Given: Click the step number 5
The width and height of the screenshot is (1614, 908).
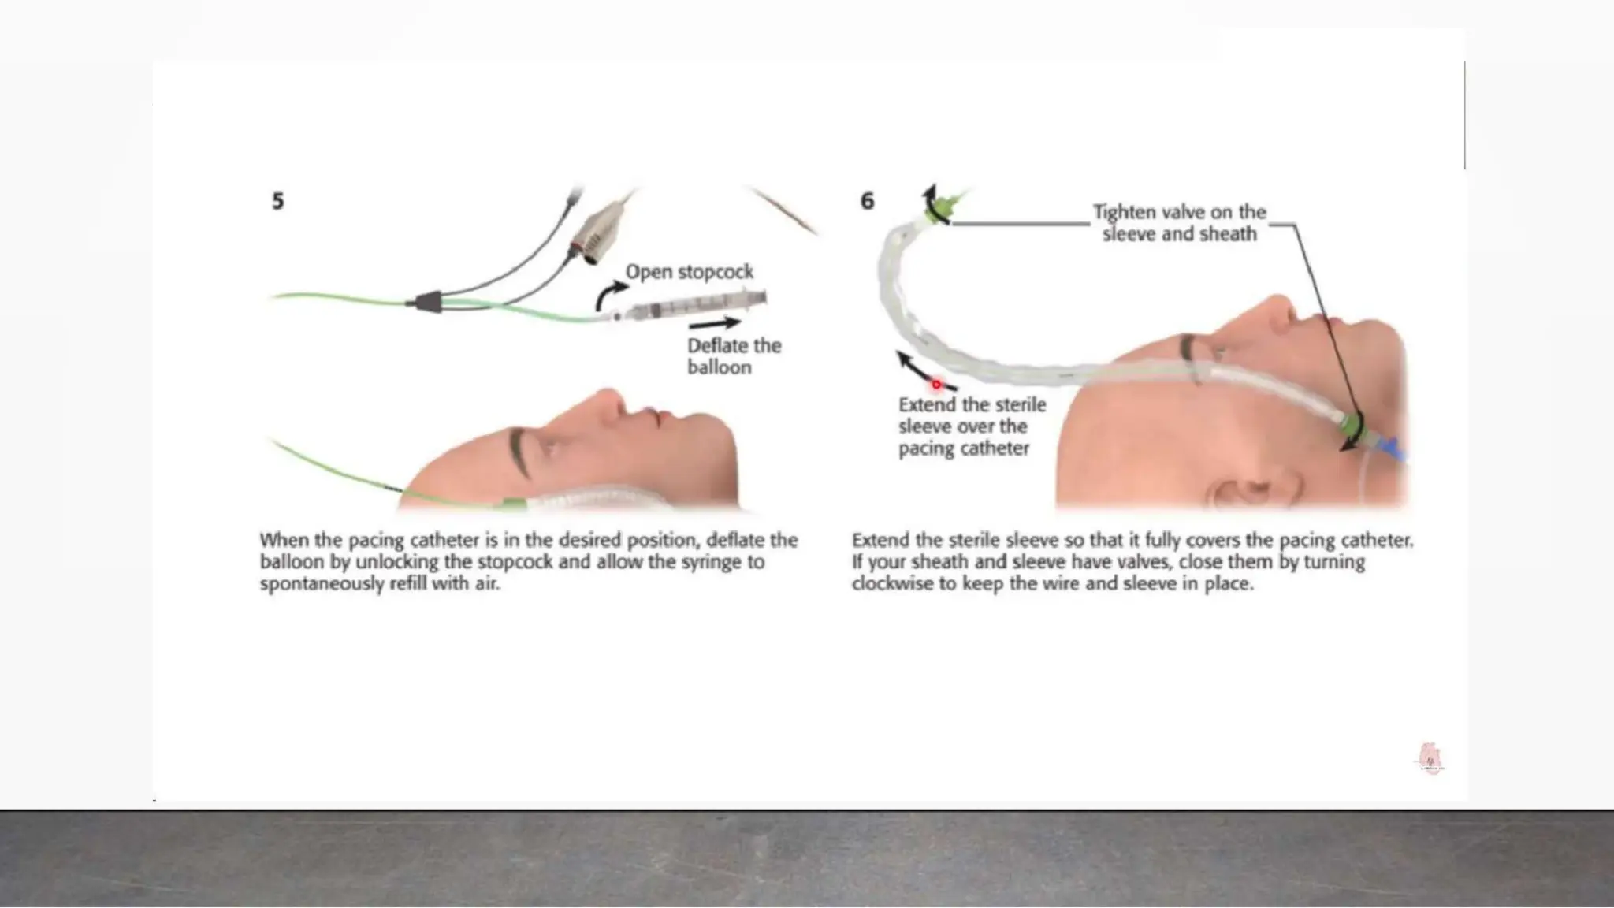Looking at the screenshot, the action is [277, 201].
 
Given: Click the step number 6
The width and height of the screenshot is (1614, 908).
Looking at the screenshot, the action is [867, 201].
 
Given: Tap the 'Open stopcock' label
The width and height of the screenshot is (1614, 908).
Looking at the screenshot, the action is [690, 272].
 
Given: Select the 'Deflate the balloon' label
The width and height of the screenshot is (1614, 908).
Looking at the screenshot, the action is [734, 356].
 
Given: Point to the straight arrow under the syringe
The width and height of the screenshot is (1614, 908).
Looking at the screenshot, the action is [714, 323].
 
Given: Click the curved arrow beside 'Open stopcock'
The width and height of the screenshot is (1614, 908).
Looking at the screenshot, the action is [610, 295].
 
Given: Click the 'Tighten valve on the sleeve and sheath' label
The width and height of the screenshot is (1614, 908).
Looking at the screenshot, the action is [1179, 223].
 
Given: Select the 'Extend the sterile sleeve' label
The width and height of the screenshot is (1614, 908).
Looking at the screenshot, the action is [972, 426].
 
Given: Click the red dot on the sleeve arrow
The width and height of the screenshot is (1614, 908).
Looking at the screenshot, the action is [936, 385].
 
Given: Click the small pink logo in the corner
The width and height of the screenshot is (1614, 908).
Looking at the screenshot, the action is [1430, 758].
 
